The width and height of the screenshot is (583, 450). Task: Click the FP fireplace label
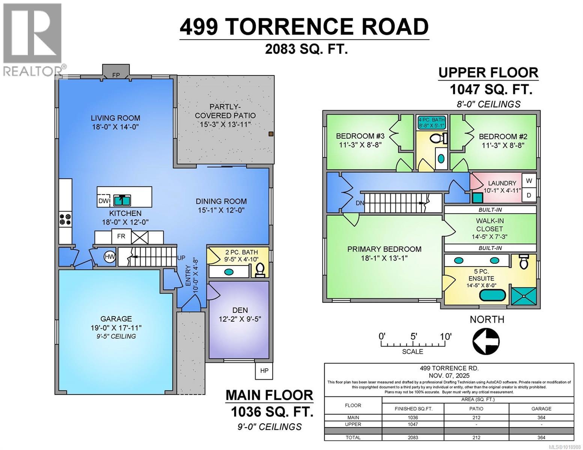(x=116, y=75)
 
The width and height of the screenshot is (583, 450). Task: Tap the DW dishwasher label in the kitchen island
(x=103, y=201)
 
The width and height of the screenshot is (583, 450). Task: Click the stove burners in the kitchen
(x=65, y=219)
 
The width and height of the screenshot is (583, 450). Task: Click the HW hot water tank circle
(x=110, y=257)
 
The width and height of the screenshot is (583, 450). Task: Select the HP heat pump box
(x=264, y=370)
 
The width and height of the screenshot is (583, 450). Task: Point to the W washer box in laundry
(x=529, y=181)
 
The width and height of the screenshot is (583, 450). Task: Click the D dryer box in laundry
(x=529, y=195)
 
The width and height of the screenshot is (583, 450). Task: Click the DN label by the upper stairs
(x=360, y=203)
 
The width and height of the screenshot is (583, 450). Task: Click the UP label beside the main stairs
(x=181, y=258)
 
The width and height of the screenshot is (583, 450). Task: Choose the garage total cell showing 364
(x=541, y=437)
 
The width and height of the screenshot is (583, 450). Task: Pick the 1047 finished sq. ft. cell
(x=413, y=424)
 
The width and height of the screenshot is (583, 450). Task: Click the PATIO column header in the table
(x=476, y=408)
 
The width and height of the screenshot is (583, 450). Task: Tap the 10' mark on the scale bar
(x=446, y=336)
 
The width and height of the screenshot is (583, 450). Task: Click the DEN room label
(x=240, y=310)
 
